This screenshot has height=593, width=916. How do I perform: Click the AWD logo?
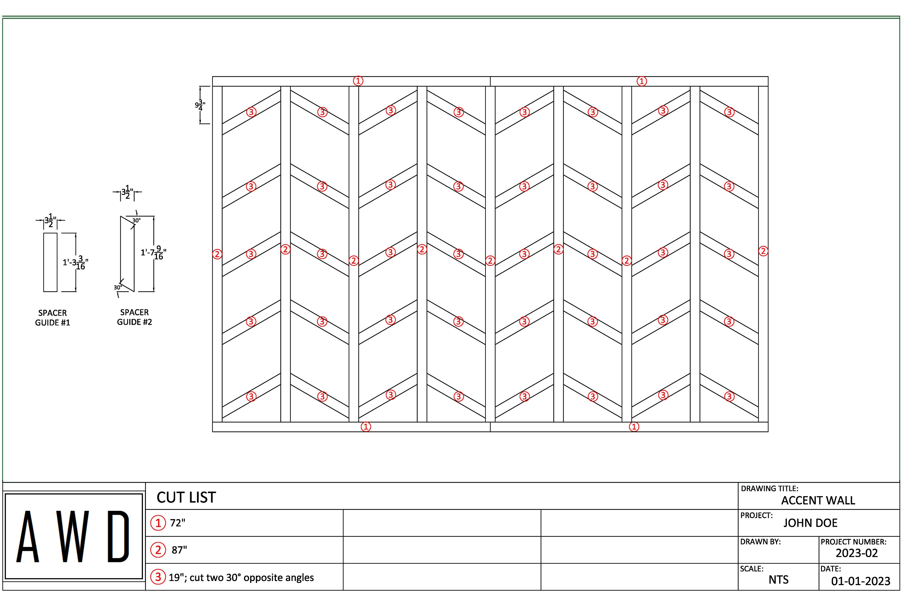pos(73,536)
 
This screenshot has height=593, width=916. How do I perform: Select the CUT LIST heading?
pos(186,497)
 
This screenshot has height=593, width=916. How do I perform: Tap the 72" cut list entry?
pos(177,523)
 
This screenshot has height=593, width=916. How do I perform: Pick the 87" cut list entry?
pos(179,550)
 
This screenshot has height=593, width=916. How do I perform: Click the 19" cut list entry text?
pos(241,578)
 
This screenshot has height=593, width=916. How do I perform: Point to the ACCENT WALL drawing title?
pos(818,501)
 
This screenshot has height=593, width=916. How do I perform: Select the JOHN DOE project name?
pos(810,523)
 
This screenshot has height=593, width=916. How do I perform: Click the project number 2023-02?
pos(856,553)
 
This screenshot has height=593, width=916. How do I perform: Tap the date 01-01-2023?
pos(860,581)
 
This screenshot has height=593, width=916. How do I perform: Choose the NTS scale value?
pos(778,580)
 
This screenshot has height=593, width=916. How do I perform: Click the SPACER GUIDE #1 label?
pos(52,318)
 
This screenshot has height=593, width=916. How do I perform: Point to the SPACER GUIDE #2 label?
pos(134,317)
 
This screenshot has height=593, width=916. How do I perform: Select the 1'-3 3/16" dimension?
pos(75,263)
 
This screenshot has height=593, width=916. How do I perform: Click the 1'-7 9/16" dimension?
pos(154,253)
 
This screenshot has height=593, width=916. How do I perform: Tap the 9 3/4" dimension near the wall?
pos(200,105)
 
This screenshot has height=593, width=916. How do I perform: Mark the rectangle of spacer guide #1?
pos(50,262)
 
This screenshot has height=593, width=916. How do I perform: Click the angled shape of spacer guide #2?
pos(127,254)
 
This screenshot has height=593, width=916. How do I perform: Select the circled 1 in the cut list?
pos(158,523)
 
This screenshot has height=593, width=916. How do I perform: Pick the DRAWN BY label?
pos(760,542)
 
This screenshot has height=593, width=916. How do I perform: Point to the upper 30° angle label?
pos(136,221)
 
